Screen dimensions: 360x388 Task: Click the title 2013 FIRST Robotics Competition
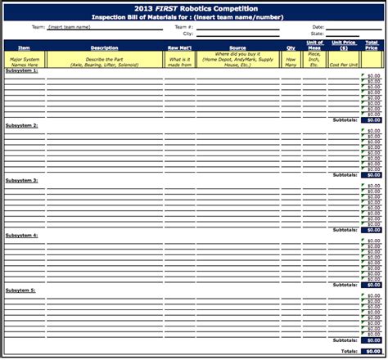tap(193, 7)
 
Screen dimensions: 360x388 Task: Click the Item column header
tap(24, 47)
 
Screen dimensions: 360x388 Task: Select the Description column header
tap(104, 47)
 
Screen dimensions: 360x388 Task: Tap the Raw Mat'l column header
tap(179, 47)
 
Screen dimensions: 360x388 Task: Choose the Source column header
tap(237, 47)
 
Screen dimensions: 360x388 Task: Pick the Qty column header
tap(291, 47)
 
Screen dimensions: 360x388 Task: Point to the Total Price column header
tap(372, 45)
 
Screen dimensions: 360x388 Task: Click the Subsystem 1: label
tap(22, 71)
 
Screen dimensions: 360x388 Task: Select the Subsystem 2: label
tap(22, 126)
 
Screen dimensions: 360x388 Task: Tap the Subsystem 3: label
tap(22, 181)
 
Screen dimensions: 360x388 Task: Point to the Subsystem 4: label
tap(22, 236)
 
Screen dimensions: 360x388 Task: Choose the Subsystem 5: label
tap(22, 290)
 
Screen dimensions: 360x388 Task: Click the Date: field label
tap(318, 27)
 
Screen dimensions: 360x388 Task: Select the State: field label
tap(318, 34)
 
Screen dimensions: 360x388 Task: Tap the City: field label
tap(188, 34)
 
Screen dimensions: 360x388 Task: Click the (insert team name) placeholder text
tap(69, 27)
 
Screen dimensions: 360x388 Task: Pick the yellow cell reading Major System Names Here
tap(24, 60)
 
